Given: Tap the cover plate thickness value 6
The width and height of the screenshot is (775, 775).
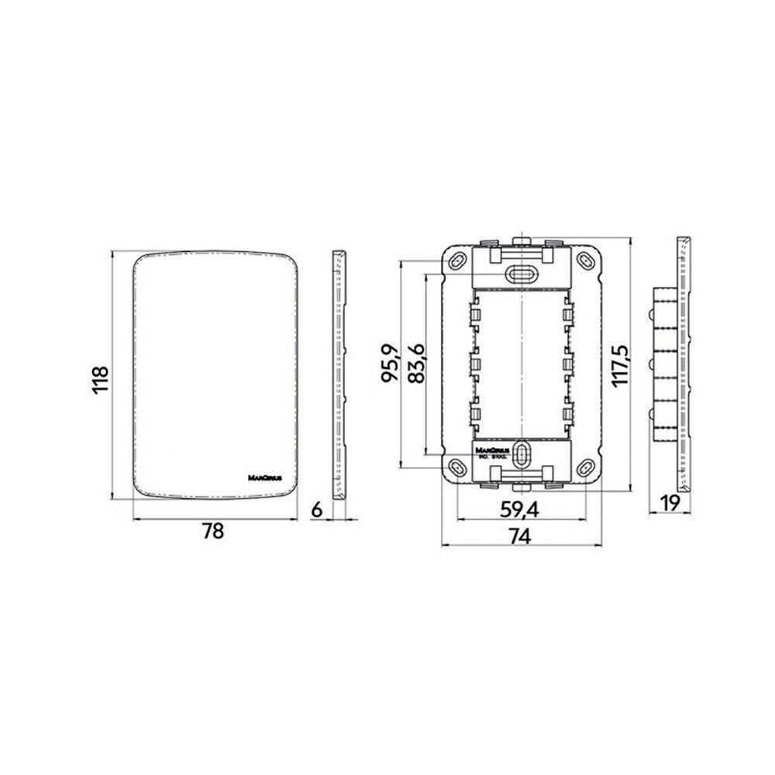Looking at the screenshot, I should click(x=315, y=509).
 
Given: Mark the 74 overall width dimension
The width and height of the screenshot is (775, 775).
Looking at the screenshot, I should click(x=520, y=536).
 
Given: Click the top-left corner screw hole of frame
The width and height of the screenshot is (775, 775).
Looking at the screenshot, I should click(x=458, y=259).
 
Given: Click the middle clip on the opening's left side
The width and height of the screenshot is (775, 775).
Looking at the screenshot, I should click(x=474, y=362).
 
